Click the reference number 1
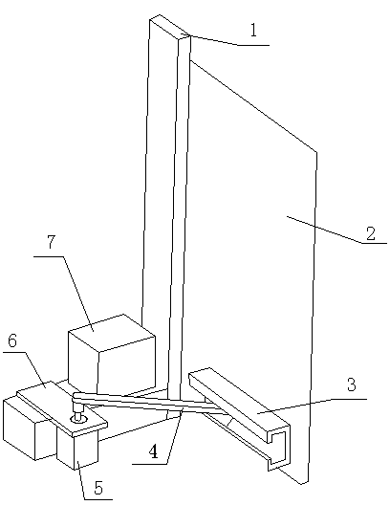(x=254, y=31)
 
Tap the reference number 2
(x=371, y=233)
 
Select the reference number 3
(x=352, y=384)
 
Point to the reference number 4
(x=154, y=451)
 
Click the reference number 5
(x=98, y=488)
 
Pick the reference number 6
(x=12, y=340)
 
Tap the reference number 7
(x=52, y=242)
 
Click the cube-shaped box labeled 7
(x=112, y=354)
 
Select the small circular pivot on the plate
(x=78, y=419)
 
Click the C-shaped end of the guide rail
(x=279, y=446)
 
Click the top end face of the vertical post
(x=170, y=27)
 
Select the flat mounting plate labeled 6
(x=61, y=407)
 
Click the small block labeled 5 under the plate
(x=77, y=449)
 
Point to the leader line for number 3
(x=313, y=406)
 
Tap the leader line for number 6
(x=24, y=370)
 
